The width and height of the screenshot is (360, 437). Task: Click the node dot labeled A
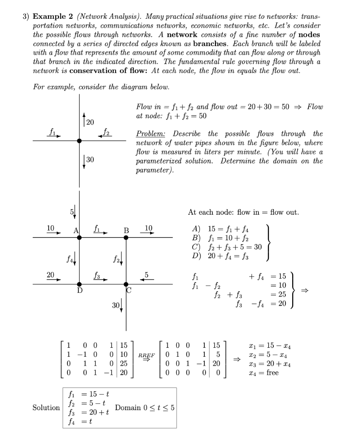pyautogui.click(x=79, y=237)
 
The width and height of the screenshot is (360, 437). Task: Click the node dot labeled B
pyautogui.click(x=126, y=237)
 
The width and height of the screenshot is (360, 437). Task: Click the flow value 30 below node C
pyautogui.click(x=114, y=306)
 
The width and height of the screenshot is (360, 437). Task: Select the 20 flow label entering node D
pyautogui.click(x=50, y=276)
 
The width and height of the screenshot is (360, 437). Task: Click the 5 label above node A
pyautogui.click(x=72, y=212)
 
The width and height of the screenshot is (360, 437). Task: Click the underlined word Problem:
pyautogui.click(x=150, y=134)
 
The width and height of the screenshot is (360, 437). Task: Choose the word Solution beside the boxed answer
pyautogui.click(x=46, y=408)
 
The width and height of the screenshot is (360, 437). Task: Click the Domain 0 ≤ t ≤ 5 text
pyautogui.click(x=145, y=408)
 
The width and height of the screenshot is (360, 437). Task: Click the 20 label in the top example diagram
pyautogui.click(x=90, y=123)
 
